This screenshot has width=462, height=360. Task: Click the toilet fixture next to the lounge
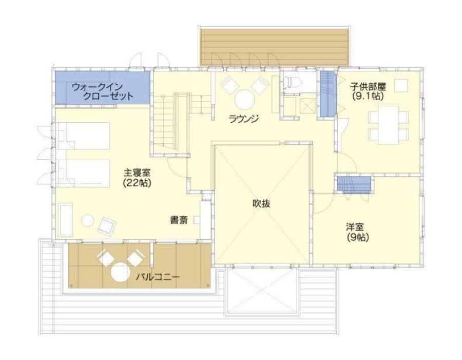pyautogui.click(x=292, y=82)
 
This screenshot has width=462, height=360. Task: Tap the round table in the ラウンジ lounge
pyautogui.click(x=244, y=98)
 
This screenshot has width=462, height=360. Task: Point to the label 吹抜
pyautogui.click(x=261, y=203)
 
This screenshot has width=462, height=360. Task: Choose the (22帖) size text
pyautogui.click(x=137, y=182)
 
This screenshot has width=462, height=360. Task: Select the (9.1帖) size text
pyautogui.click(x=368, y=96)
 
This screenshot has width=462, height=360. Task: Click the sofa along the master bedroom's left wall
pyautogui.click(x=65, y=220)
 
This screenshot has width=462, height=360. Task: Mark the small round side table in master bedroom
pyautogui.click(x=88, y=220)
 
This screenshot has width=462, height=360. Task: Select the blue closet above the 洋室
pyautogui.click(x=353, y=183)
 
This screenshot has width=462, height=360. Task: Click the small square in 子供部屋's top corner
pyautogui.click(x=400, y=84)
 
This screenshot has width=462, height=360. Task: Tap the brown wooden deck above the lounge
pyautogui.click(x=275, y=47)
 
